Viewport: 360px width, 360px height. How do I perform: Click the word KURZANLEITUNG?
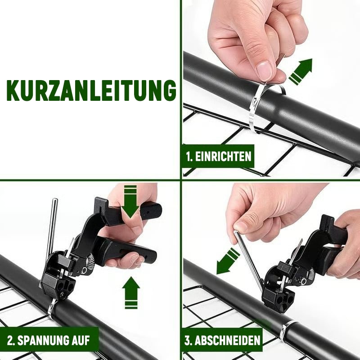91,90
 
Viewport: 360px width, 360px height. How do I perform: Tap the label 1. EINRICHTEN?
218,156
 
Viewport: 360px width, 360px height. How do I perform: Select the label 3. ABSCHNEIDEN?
222,340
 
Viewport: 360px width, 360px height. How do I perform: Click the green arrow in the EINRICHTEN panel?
301,72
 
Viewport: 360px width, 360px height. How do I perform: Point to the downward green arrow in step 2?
130,201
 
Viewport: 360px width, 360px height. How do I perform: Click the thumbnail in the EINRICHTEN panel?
265,71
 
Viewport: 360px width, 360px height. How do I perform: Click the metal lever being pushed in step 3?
248,260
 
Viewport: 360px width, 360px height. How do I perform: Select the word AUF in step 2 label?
81,340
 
